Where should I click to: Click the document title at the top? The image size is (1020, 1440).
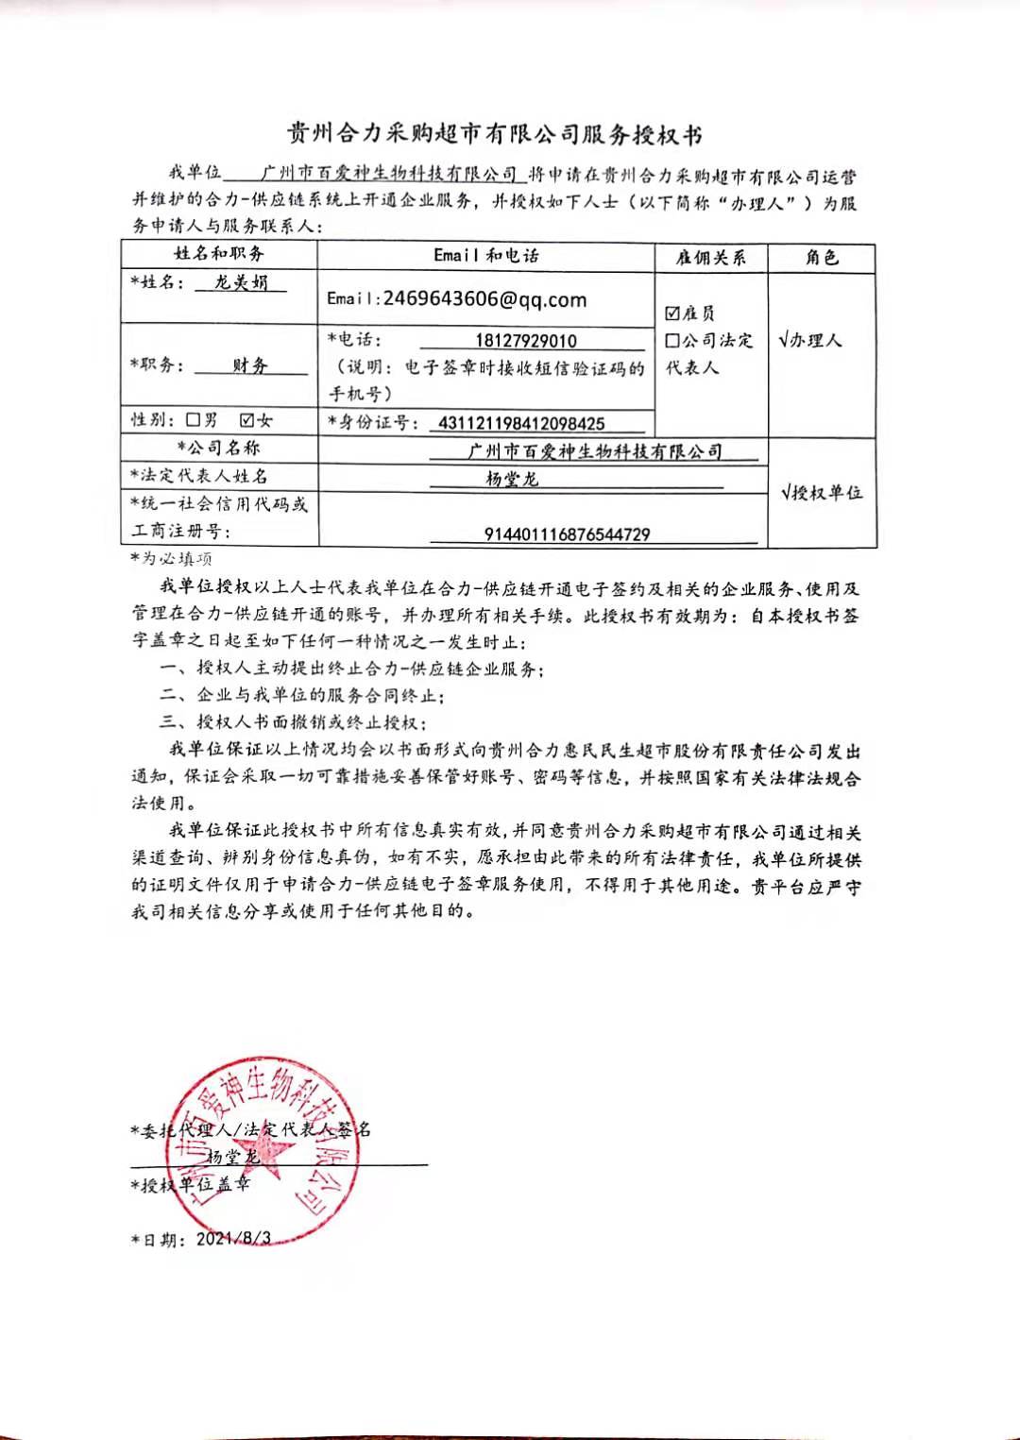[494, 134]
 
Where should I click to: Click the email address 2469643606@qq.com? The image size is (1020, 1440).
[484, 299]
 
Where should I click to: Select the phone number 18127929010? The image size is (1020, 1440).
[526, 341]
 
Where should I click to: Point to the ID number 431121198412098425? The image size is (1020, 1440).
[521, 423]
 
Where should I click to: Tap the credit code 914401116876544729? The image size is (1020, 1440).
[567, 534]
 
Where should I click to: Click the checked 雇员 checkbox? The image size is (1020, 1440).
[672, 313]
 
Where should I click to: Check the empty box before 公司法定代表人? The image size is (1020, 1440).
[672, 341]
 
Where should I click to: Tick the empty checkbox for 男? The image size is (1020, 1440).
[194, 419]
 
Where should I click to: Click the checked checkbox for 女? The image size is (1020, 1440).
[247, 419]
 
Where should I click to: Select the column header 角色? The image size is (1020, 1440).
[822, 258]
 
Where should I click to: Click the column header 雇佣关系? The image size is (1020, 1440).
[710, 258]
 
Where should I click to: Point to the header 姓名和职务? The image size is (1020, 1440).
[219, 254]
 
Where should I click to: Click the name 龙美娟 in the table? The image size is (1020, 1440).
[241, 282]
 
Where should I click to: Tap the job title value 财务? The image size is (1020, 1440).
[250, 365]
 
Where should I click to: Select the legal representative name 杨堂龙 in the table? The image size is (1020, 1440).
[512, 479]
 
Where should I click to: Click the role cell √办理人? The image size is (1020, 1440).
[810, 340]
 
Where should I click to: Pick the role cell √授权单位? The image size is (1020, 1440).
[822, 492]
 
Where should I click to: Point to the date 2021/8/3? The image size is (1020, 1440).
[233, 1238]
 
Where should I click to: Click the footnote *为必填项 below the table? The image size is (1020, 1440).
[172, 559]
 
